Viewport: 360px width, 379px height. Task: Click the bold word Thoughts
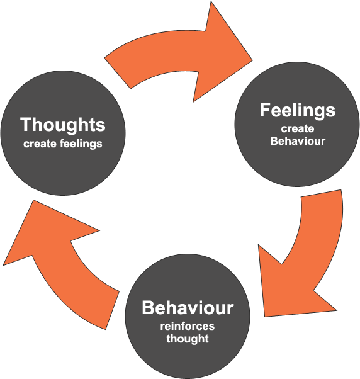[x=63, y=125]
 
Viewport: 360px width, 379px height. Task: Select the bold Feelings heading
[x=298, y=111]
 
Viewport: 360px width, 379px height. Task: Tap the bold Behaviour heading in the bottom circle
[x=188, y=307]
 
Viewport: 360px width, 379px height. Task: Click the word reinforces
[x=188, y=326]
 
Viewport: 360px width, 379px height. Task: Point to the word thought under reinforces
[x=188, y=338]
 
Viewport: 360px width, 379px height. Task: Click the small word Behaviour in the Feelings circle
[x=298, y=140]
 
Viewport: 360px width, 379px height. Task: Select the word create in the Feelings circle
[x=298, y=128]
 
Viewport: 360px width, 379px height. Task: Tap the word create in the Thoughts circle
[x=40, y=144]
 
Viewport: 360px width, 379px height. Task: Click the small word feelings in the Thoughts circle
[x=81, y=144]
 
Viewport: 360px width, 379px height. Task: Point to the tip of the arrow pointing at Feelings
[x=252, y=60]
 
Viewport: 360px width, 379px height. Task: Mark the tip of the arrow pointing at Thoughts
[x=33, y=200]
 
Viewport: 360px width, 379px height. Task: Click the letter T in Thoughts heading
[x=26, y=124]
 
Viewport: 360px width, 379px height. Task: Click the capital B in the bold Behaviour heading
[x=148, y=308]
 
